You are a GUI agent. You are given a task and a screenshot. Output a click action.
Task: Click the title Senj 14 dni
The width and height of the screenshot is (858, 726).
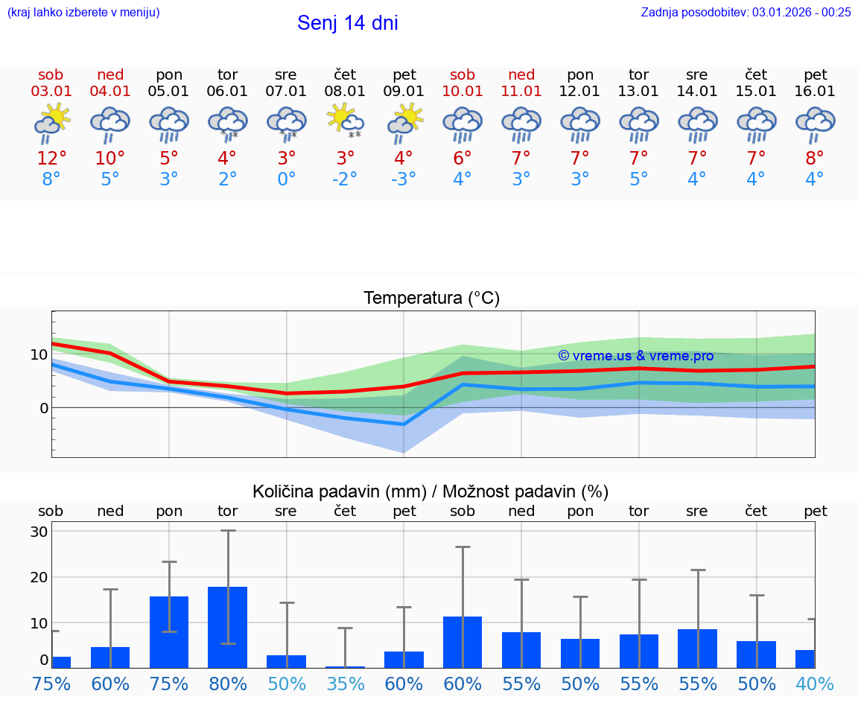click(x=347, y=23)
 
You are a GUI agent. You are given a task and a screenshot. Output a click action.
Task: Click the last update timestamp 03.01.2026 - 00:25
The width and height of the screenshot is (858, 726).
click(x=801, y=12)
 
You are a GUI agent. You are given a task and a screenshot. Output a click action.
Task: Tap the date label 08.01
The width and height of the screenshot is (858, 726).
click(x=345, y=92)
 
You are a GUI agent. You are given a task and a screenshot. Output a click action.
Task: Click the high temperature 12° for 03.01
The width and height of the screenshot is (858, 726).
click(x=51, y=159)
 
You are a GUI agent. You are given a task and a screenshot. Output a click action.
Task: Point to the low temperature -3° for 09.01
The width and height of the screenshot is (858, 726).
click(x=404, y=179)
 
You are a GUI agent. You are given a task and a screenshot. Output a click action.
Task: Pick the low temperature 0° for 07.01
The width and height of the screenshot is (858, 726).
click(x=286, y=179)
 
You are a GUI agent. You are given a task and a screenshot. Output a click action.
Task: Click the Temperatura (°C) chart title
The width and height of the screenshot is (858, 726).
click(x=431, y=299)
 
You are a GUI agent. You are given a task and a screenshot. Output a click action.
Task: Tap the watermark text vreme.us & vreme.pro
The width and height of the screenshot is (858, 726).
click(x=635, y=356)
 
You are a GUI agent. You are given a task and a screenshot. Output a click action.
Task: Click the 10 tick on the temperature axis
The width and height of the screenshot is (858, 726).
click(x=39, y=354)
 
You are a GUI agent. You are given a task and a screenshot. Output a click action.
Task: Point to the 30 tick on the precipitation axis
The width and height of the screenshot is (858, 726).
click(x=39, y=532)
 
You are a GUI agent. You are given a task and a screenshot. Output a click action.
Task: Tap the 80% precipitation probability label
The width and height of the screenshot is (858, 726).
click(x=228, y=684)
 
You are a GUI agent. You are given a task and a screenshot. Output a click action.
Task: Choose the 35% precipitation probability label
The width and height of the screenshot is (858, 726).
click(x=345, y=684)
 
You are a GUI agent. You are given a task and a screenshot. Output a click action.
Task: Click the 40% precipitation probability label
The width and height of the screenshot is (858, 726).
click(x=815, y=684)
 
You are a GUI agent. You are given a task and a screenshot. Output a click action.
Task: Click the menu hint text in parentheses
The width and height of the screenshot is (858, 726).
click(x=83, y=12)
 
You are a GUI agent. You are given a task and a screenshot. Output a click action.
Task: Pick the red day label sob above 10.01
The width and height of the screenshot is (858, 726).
click(x=463, y=75)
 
